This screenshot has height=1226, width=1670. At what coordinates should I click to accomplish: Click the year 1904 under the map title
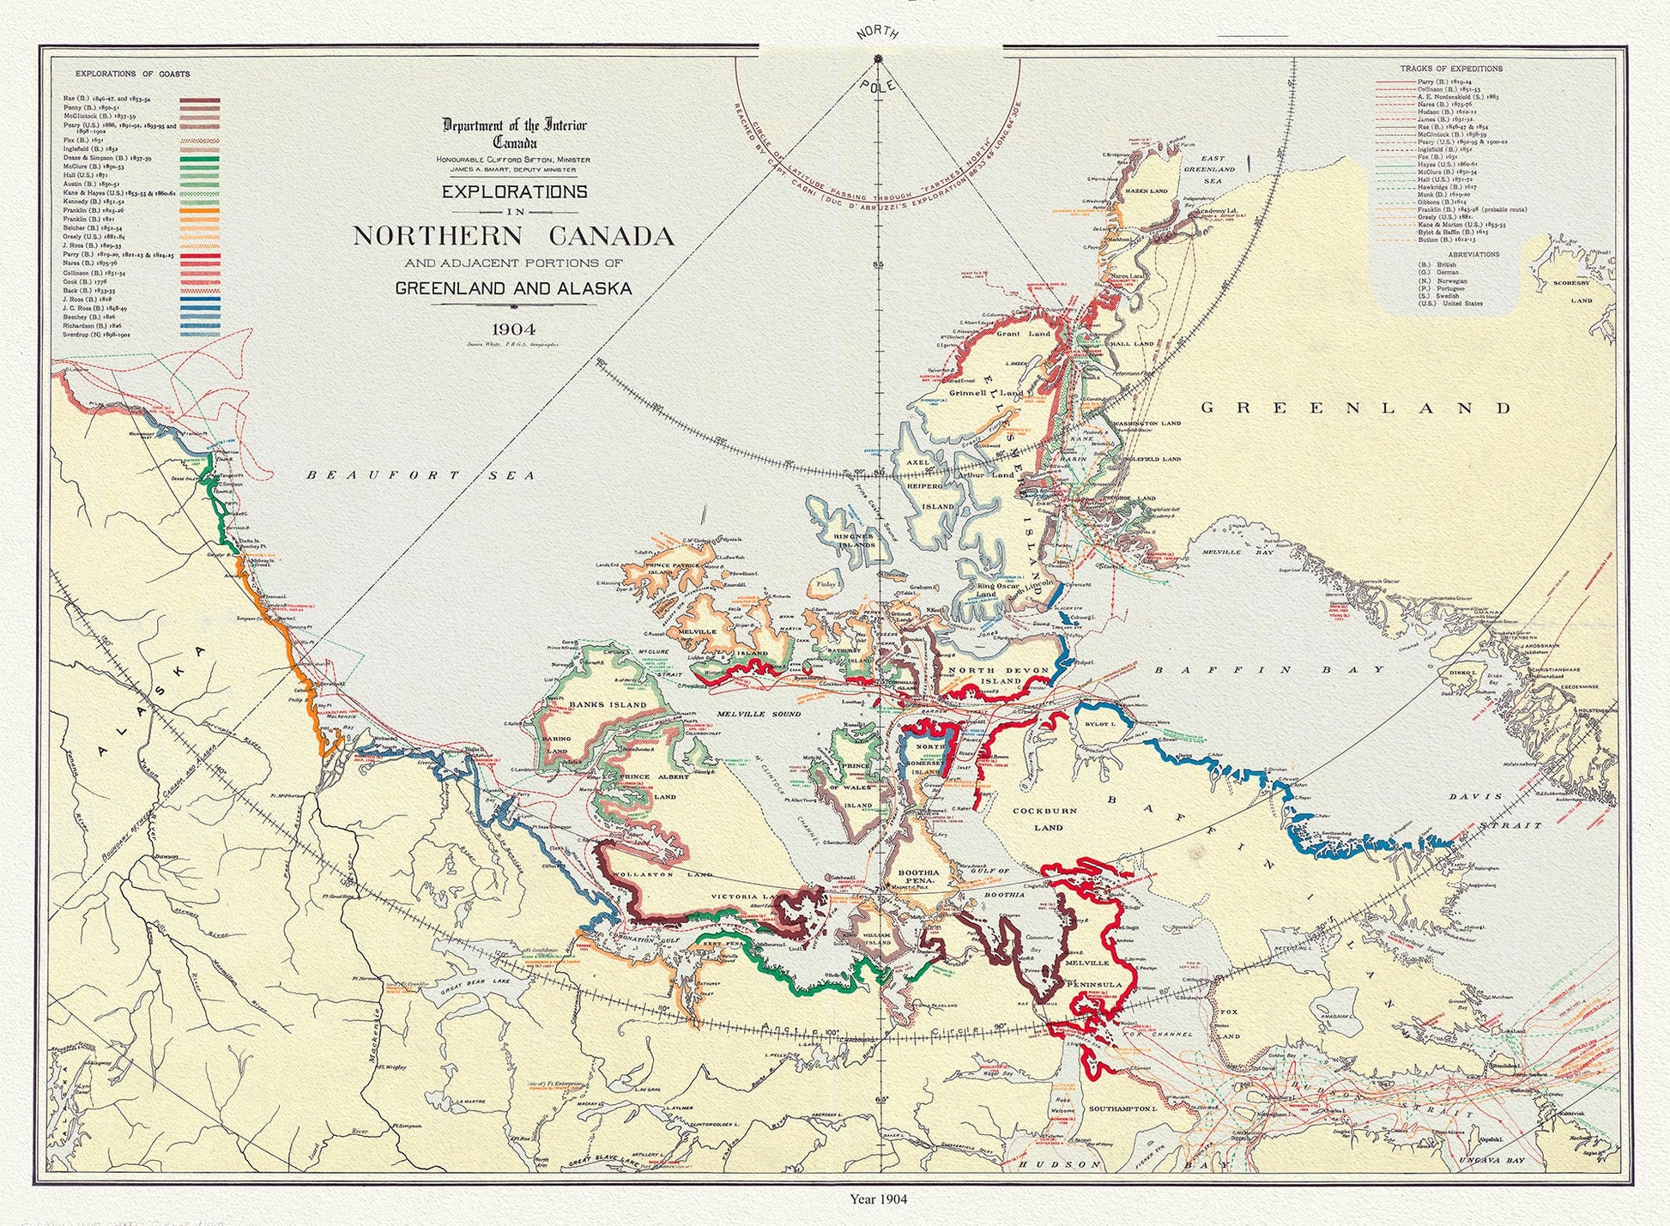tap(514, 327)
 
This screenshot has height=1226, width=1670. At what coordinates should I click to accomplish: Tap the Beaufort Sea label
tap(421, 475)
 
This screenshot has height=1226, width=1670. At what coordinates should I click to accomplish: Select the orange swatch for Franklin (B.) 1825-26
tap(200, 210)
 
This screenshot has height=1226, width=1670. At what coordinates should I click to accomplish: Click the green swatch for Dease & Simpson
tap(200, 159)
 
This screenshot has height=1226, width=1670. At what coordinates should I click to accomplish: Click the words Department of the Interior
tap(514, 126)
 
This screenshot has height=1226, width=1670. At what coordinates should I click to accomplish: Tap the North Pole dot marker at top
tap(878, 58)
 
